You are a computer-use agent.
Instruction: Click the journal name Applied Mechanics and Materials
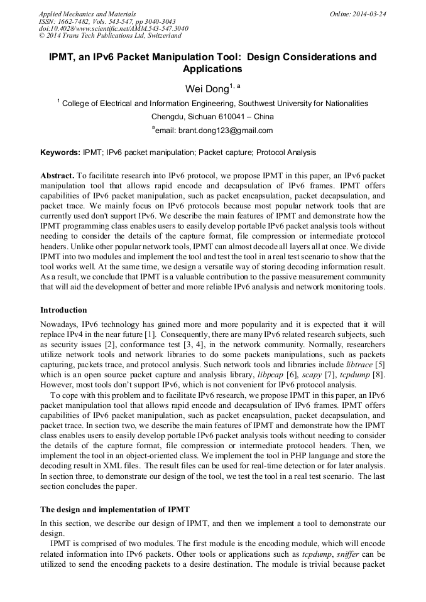point(87,13)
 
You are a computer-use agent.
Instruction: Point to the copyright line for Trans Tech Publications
point(110,36)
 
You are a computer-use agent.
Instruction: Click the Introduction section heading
point(63,310)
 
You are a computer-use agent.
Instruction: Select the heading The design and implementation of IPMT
point(115,509)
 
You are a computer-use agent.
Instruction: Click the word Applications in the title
point(212,69)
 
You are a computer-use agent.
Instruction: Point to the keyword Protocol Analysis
point(286,153)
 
